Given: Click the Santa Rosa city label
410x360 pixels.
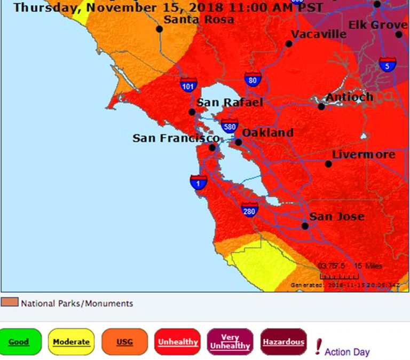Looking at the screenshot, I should (199, 20).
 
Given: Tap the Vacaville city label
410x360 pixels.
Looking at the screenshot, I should (319, 34).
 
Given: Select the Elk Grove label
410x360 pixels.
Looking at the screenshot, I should (377, 25).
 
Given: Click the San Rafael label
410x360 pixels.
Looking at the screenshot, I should (230, 103).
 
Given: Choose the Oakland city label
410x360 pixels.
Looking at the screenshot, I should (267, 132).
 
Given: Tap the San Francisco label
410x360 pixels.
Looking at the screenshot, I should (176, 138).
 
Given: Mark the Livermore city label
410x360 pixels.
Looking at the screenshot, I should (364, 155).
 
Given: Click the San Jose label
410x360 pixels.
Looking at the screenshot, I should (337, 216).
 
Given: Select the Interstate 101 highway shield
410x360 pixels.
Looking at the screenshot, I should (188, 84).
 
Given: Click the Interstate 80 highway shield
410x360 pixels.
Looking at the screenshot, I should (253, 80).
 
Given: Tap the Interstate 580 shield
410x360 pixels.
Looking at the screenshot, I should (230, 126).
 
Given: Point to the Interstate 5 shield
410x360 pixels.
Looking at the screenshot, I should (388, 65).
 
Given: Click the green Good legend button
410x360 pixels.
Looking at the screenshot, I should (19, 342).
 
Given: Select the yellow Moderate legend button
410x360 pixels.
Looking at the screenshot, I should (71, 342).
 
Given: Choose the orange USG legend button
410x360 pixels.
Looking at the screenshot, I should (124, 342).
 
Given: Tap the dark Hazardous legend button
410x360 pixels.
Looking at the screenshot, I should (283, 342).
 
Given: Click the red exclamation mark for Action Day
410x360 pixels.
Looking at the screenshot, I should (319, 347).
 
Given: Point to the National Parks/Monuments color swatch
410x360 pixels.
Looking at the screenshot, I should (10, 303).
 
